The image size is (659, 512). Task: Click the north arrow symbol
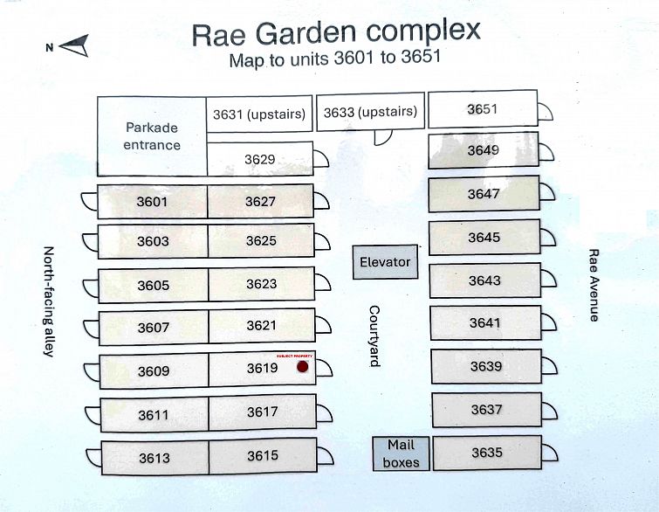pos(75,45)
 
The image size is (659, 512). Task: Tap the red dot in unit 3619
pos(303,367)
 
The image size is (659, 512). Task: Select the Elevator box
pos(385,262)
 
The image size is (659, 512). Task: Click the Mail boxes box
pos(401,453)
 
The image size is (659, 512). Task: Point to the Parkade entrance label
pos(152,136)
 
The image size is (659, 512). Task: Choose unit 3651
pos(483,109)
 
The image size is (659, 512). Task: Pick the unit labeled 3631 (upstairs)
pos(259,114)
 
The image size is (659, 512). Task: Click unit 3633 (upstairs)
pos(370,112)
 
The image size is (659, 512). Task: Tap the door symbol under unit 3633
pos(383,137)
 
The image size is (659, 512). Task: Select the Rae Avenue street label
pos(594,285)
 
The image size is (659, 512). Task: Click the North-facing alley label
pos(49,301)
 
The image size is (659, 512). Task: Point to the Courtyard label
pos(374,336)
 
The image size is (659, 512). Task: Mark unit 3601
pos(152,202)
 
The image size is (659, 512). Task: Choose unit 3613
pos(154,458)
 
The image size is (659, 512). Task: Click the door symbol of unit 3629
pos(320,159)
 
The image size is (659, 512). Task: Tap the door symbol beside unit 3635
pos(550,453)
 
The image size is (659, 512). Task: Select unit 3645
pos(484,238)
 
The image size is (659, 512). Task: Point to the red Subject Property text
pos(294,356)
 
